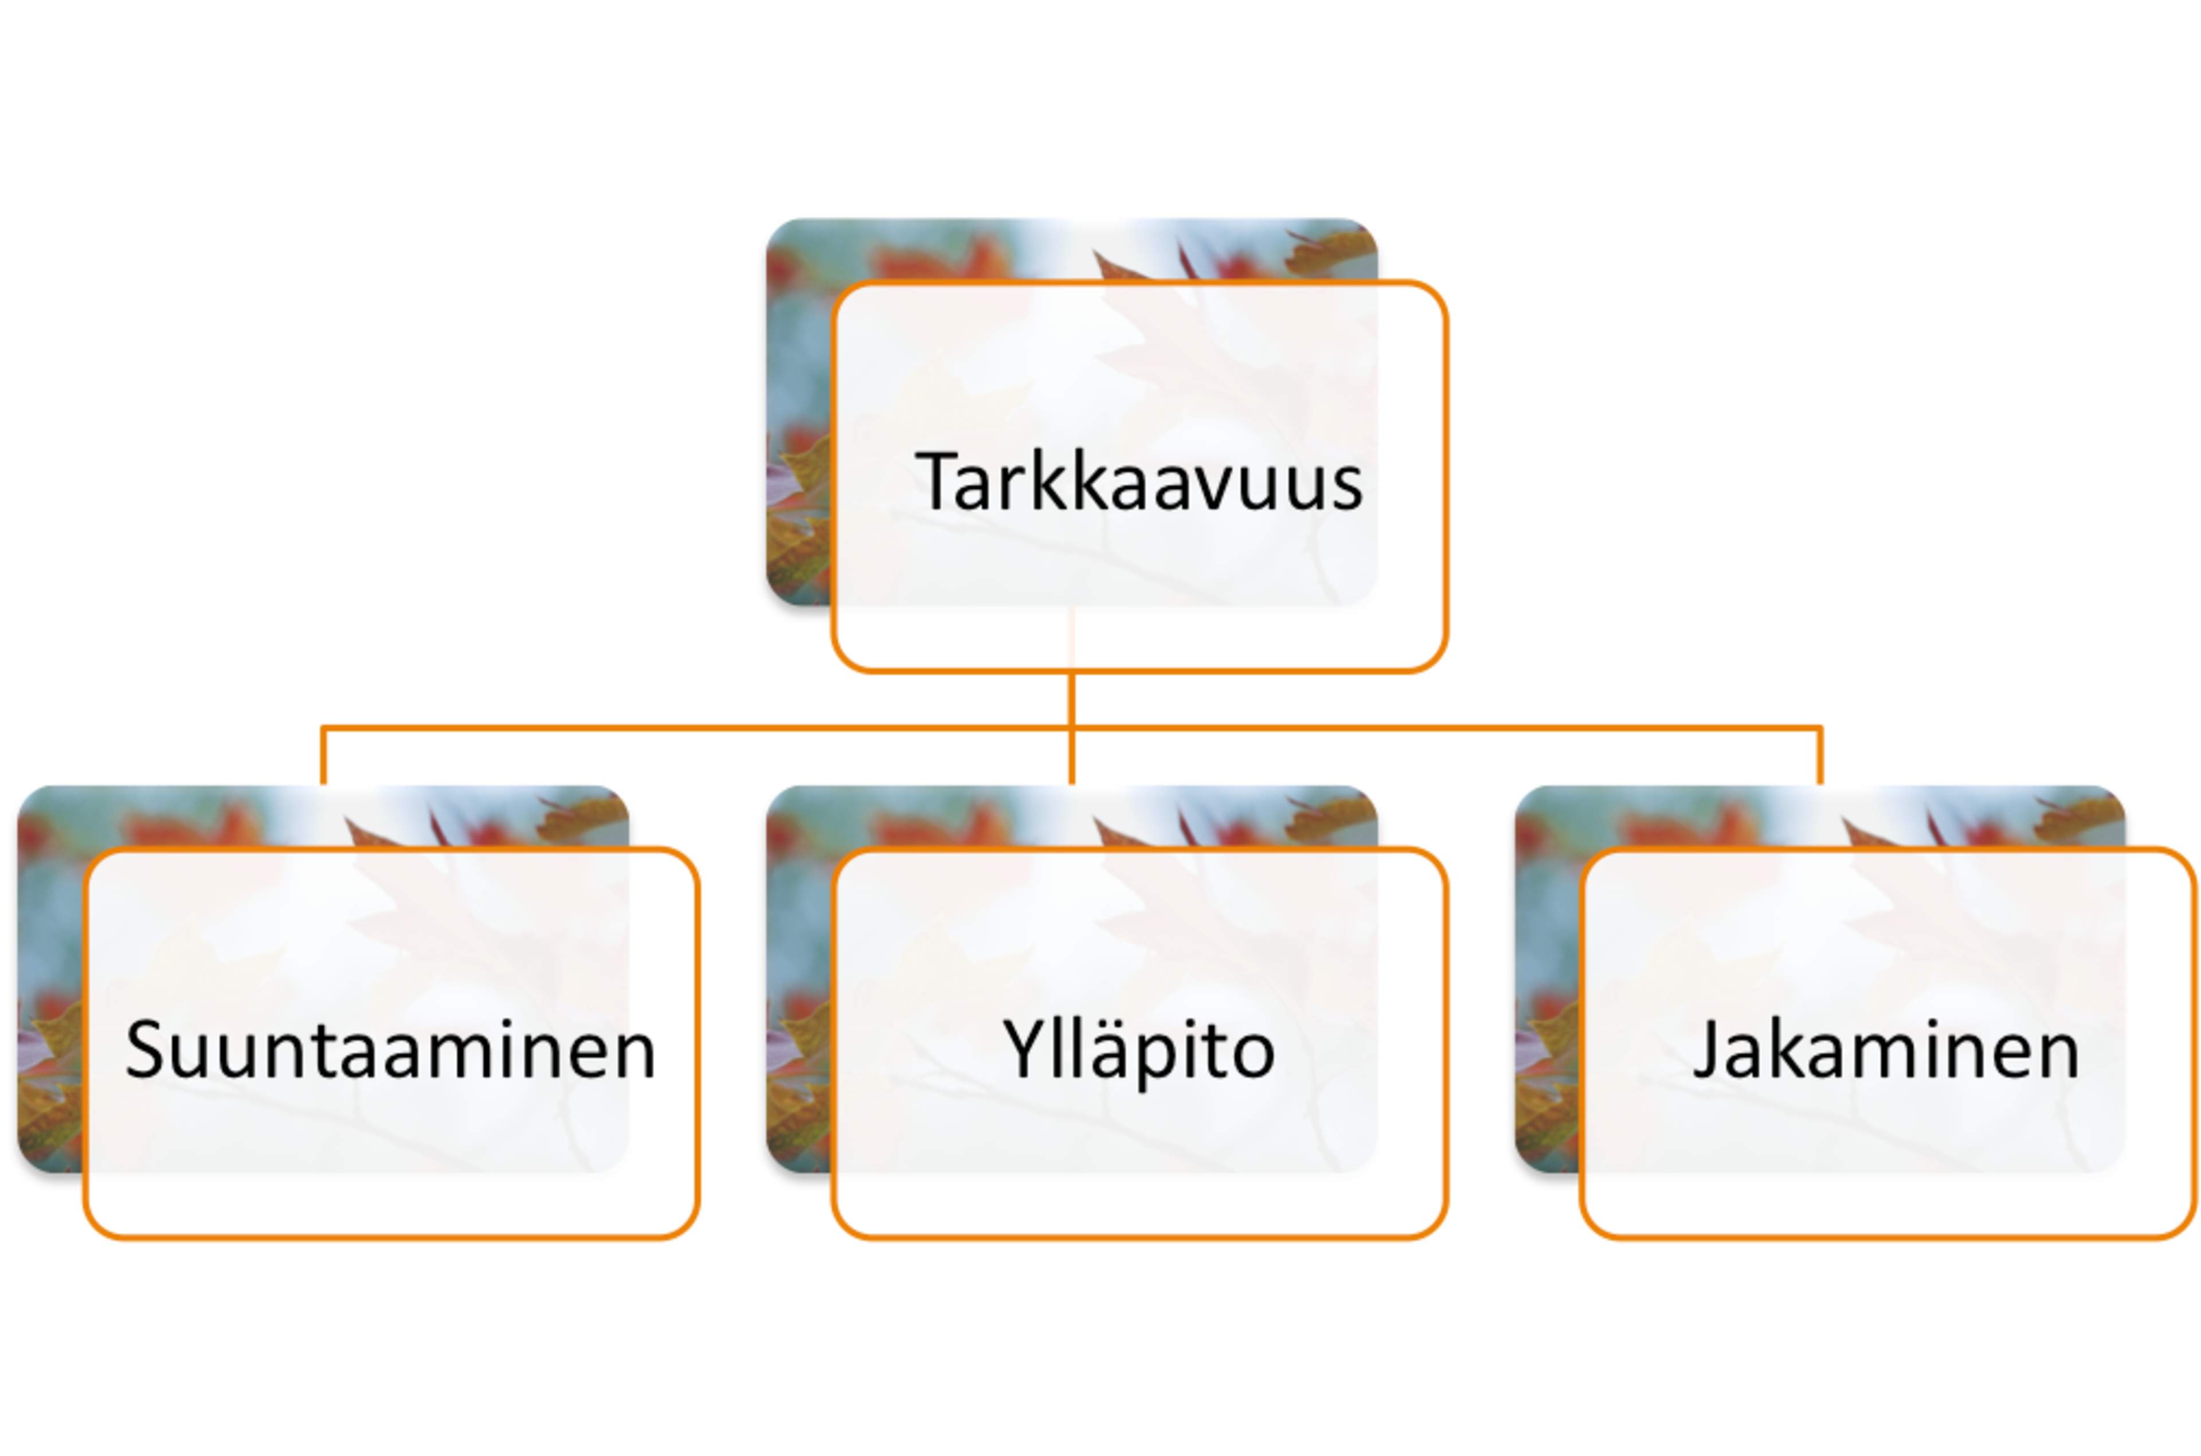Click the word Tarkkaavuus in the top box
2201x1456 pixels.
pyautogui.click(x=1138, y=481)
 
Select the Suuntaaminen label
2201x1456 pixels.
pyautogui.click(x=390, y=1049)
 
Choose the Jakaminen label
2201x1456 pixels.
pyautogui.click(x=1886, y=1049)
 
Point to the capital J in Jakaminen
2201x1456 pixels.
pyautogui.click(x=1707, y=1049)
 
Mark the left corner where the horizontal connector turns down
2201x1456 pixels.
pyautogui.click(x=322, y=728)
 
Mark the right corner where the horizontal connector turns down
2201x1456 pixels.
pyautogui.click(x=1820, y=728)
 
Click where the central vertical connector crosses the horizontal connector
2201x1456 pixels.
pyautogui.click(x=1072, y=728)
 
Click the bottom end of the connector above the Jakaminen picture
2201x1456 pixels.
pyautogui.click(x=1820, y=784)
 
